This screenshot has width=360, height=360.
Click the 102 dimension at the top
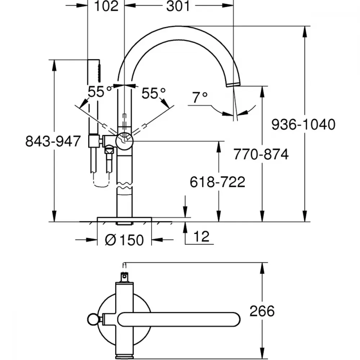coord(106,6)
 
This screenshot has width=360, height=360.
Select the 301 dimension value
coord(178,6)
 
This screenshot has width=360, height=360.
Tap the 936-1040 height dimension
coord(303,125)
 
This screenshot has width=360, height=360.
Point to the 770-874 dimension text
coord(261,154)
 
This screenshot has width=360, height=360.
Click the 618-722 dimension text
coord(217,182)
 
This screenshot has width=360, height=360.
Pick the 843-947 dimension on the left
coord(53,141)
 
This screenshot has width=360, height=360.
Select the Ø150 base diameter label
coord(124,240)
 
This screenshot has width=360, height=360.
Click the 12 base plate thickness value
coord(201,237)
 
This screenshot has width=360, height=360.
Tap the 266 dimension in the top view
coord(262,311)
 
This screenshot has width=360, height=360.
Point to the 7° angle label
coord(200,97)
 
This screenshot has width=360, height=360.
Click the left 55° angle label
coord(99,91)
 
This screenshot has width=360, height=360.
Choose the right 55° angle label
coord(153,93)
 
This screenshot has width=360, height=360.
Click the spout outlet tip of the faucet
coord(234,84)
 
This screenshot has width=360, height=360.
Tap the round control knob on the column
coord(125,141)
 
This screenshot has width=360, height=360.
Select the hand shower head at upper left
coord(94,71)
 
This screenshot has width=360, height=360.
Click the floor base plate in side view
coord(124,219)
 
